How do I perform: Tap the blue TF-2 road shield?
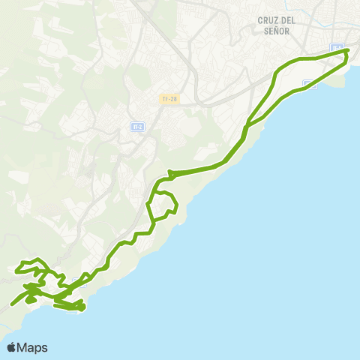(136, 127)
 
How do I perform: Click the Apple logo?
(12, 347)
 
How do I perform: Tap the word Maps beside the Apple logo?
(34, 347)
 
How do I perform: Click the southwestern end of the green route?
(13, 305)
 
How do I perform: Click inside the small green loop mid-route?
(163, 205)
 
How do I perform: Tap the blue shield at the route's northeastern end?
(337, 49)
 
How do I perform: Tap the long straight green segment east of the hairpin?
(199, 170)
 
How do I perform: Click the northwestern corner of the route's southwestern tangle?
(20, 264)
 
